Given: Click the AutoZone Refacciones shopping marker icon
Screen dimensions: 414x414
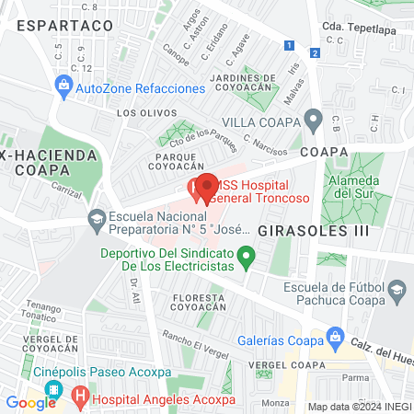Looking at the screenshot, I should pos(63,88).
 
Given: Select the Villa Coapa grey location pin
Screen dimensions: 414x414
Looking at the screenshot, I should pos(314,120).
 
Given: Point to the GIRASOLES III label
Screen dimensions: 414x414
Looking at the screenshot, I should pos(306,229).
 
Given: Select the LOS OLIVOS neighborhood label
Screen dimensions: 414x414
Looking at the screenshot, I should pos(141,113).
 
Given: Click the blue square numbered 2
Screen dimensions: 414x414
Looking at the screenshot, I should pos(315,52).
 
